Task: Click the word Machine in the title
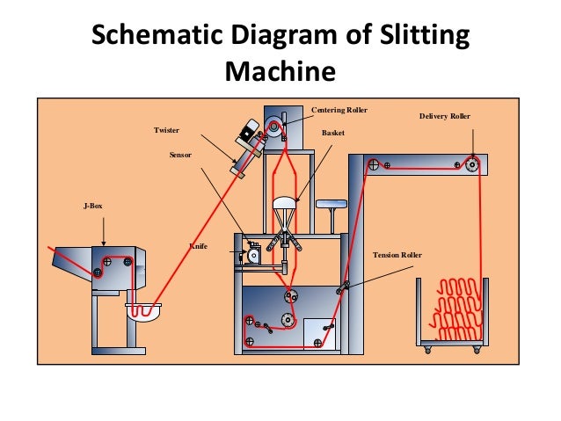pyautogui.click(x=280, y=71)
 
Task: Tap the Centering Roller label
pyautogui.click(x=339, y=110)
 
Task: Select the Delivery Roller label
pyautogui.click(x=444, y=115)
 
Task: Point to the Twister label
pyautogui.click(x=166, y=130)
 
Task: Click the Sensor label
pyautogui.click(x=180, y=154)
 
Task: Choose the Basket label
pyautogui.click(x=332, y=133)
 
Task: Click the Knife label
pyautogui.click(x=199, y=247)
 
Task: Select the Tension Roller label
pyautogui.click(x=397, y=255)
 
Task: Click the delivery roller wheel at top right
pyautogui.click(x=472, y=164)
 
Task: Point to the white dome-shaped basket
pyautogui.click(x=287, y=203)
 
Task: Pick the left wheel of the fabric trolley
pyautogui.click(x=428, y=350)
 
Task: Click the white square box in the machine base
pyautogui.click(x=315, y=332)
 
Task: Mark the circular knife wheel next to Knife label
pyautogui.click(x=254, y=257)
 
